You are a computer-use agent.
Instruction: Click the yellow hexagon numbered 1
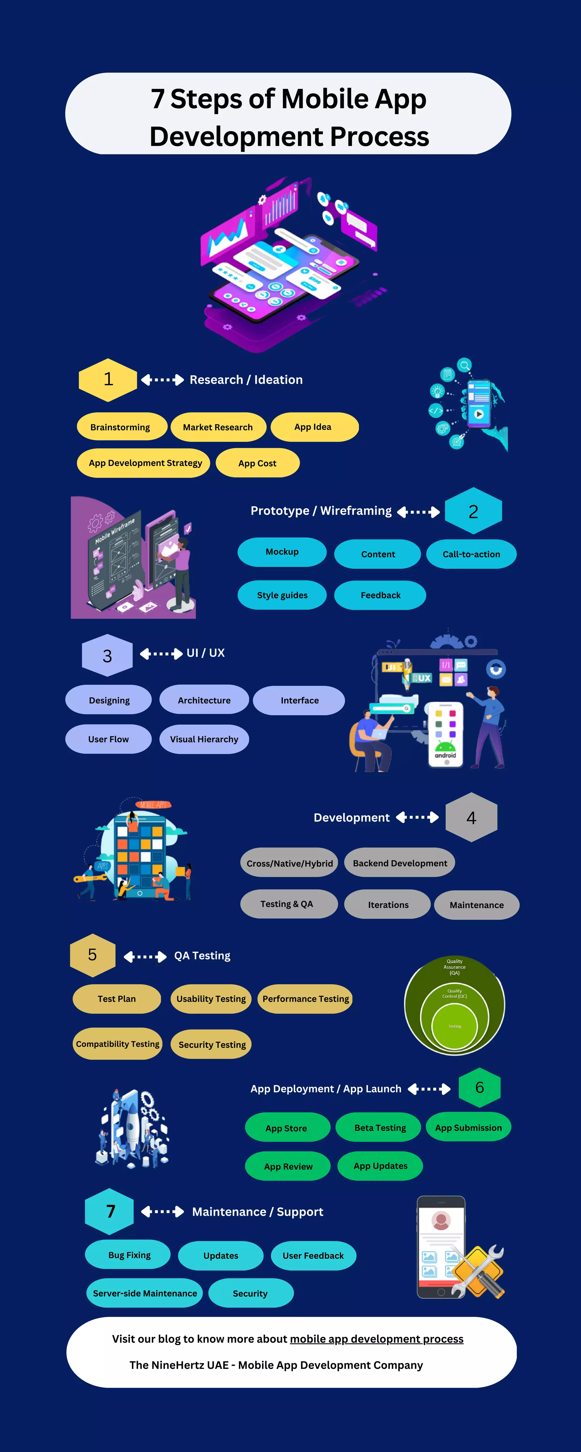(108, 379)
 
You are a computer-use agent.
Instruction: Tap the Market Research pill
(218, 427)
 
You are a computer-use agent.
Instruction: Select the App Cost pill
(257, 463)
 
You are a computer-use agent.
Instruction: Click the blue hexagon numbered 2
(473, 511)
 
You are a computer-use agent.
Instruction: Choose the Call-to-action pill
(471, 554)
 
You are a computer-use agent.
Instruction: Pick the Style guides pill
(282, 595)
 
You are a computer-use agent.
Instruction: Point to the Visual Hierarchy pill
(204, 739)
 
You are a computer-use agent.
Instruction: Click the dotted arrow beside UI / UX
(161, 653)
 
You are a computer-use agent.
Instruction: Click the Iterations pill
(388, 905)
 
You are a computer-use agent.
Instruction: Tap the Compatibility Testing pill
(117, 1044)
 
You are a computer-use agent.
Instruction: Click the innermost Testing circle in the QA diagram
(455, 1027)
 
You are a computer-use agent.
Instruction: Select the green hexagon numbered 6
(479, 1087)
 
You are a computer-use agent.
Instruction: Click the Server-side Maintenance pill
(145, 1293)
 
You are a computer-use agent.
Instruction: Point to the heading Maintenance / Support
(258, 1212)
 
